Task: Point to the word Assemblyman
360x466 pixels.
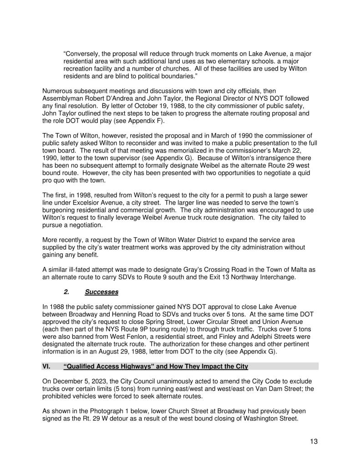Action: [64, 98]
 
